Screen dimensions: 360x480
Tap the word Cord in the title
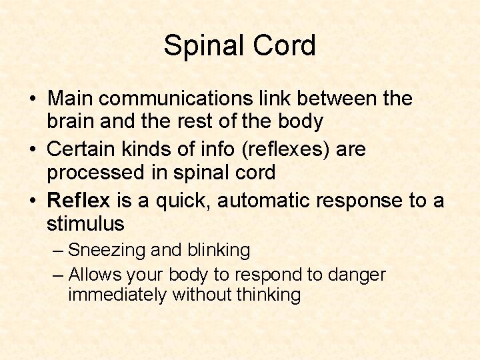pos(287,46)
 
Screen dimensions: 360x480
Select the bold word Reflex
pos(77,199)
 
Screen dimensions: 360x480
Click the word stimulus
pos(85,223)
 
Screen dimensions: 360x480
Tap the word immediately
pos(117,295)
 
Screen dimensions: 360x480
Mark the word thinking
pos(269,295)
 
